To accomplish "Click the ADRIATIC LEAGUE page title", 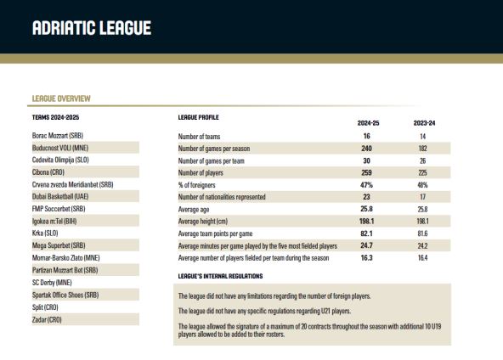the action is point(91,28).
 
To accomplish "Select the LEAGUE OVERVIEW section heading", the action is point(61,99).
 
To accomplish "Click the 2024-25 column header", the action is point(368,123).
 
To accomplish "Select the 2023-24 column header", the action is point(424,123).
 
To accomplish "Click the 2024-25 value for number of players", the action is point(368,172).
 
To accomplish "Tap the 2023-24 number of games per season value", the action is point(424,148).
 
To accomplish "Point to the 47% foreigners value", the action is point(368,184).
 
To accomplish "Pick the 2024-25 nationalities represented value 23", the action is point(368,197).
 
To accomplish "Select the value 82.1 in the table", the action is point(368,233).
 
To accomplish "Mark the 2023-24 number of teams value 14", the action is point(424,136).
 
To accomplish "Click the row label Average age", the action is point(196,209).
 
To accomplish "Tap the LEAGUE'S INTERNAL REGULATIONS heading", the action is point(220,276).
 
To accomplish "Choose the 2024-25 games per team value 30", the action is point(368,160).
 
